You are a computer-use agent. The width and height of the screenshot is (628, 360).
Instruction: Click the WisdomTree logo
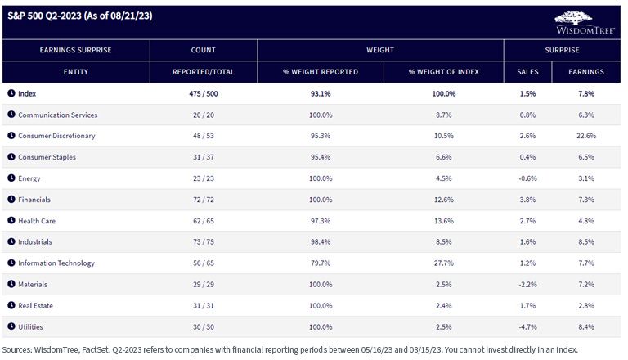point(585,22)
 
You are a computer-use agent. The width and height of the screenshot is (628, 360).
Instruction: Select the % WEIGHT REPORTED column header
point(321,72)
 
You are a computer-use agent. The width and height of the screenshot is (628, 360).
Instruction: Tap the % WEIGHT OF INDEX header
point(444,72)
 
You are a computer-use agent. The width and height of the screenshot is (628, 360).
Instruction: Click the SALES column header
point(527,72)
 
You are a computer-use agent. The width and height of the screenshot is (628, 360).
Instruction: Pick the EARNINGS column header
point(586,72)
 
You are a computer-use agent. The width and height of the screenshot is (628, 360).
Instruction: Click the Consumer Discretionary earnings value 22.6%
point(586,136)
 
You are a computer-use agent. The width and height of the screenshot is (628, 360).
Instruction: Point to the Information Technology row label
point(56,263)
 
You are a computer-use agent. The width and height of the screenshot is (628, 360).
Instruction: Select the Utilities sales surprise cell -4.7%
point(527,326)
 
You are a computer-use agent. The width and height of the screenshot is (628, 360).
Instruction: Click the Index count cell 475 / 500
point(204,94)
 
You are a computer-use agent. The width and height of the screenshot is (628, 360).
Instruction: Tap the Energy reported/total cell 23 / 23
point(204,178)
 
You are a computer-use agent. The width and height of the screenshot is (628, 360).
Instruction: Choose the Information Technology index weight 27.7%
point(444,263)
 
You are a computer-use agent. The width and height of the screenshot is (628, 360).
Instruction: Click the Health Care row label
point(37,221)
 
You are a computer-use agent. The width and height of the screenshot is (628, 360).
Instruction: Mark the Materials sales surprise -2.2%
point(527,284)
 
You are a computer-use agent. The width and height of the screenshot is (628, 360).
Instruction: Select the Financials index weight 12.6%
point(444,200)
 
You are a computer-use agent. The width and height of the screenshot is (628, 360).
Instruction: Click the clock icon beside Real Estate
point(11,305)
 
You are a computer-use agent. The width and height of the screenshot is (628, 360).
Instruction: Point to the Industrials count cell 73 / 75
point(204,241)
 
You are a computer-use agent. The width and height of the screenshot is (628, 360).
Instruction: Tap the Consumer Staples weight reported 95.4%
point(321,157)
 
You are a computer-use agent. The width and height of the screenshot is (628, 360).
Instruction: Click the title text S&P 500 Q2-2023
point(44,16)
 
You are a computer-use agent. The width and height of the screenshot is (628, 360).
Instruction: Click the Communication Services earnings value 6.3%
point(586,115)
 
